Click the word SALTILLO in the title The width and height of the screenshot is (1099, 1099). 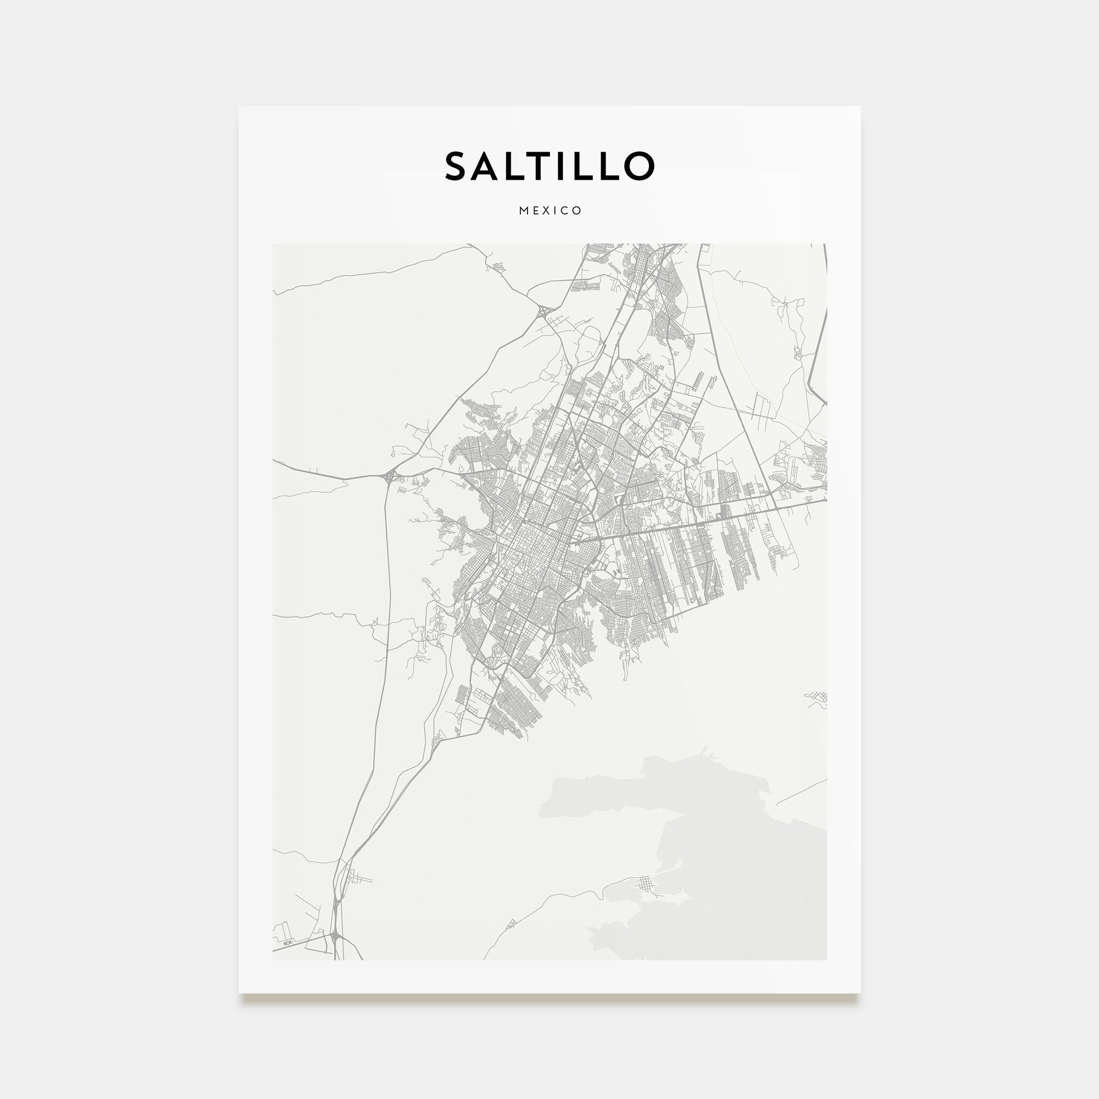pos(549,166)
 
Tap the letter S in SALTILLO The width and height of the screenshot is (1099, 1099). pos(457,166)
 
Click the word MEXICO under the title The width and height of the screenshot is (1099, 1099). pos(549,210)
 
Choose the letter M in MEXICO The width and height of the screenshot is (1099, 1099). pos(523,210)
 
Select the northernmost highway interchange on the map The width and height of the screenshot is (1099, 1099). pos(544,311)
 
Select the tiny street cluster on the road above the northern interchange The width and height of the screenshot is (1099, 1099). pos(499,266)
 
